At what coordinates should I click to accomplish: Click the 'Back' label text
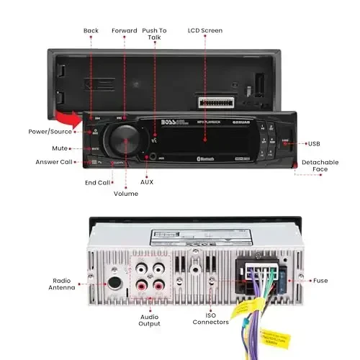pos(91,31)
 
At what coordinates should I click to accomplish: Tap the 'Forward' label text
pos(125,31)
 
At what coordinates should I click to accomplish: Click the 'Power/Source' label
pos(50,132)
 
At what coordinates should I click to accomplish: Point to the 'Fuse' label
pos(320,280)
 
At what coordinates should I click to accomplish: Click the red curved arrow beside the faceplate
pos(70,116)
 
